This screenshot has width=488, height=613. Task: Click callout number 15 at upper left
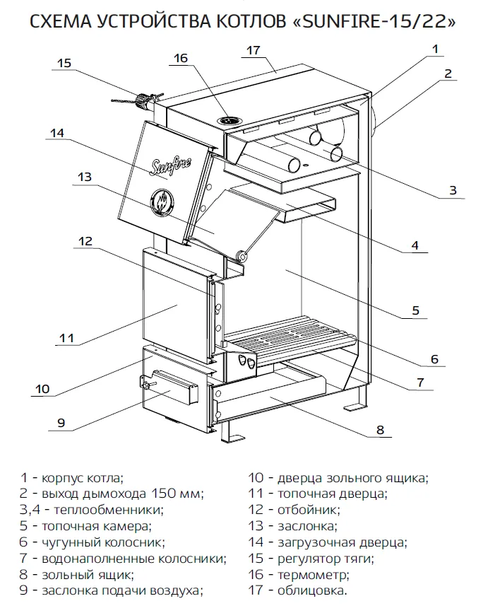coord(64,63)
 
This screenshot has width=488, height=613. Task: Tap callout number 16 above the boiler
coord(181,59)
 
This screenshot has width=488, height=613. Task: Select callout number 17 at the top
coord(254,50)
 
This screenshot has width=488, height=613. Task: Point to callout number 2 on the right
coord(448,74)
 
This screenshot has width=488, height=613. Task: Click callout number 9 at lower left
coord(61,423)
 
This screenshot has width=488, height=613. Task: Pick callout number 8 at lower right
coord(380,429)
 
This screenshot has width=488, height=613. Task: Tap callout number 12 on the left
coord(85,241)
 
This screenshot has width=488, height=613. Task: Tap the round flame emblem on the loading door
coord(161,201)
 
